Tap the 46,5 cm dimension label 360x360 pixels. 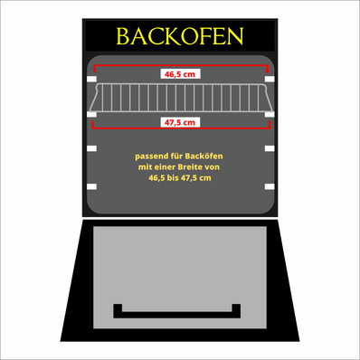(179, 74)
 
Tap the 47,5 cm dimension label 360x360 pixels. (179, 121)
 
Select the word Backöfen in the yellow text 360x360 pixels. (203, 157)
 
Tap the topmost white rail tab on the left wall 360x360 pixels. (90, 81)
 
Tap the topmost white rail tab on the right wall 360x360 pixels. (269, 81)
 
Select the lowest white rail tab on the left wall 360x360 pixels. (90, 185)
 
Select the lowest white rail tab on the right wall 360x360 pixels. (269, 185)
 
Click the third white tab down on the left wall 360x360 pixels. (90, 147)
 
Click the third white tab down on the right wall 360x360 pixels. (269, 147)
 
